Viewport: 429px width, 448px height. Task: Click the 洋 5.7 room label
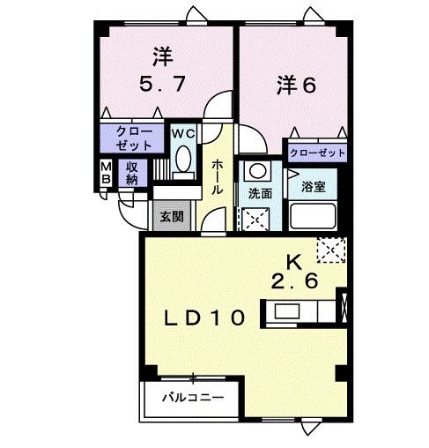pos(162,72)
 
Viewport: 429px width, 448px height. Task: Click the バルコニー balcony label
pos(192,398)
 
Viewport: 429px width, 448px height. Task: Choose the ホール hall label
pos(218,179)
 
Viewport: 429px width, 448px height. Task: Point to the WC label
pos(182,133)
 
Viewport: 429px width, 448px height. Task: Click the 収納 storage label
pos(131,173)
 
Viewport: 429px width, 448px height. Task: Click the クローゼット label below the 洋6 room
pos(317,153)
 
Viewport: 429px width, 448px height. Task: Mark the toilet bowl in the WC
pos(183,159)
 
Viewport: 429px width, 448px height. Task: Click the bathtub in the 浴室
pos(314,216)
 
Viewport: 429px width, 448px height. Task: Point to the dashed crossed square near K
pos(331,251)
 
